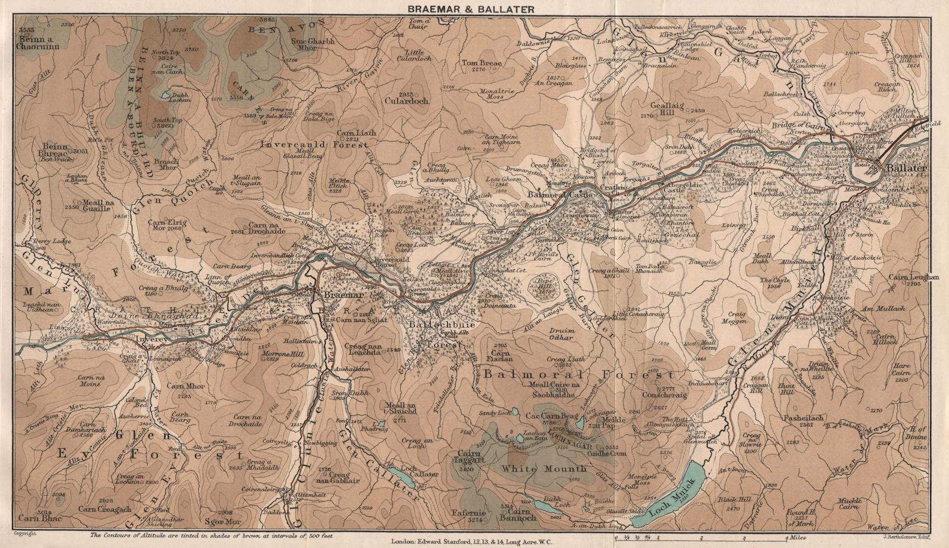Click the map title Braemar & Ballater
pyautogui.click(x=470, y=8)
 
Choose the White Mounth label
pyautogui.click(x=544, y=469)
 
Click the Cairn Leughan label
pyautogui.click(x=914, y=277)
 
